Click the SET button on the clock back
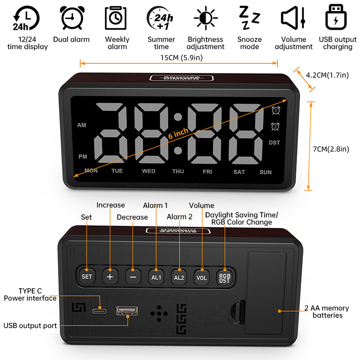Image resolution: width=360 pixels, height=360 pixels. [x=86, y=276]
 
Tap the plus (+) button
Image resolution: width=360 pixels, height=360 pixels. [x=110, y=276]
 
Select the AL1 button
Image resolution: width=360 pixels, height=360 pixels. [x=156, y=277]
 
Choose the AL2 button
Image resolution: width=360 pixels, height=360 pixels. [x=179, y=277]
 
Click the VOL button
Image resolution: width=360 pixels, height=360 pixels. [x=202, y=277]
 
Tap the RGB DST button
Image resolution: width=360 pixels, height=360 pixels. [x=224, y=277]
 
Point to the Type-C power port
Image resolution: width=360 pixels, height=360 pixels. [x=99, y=310]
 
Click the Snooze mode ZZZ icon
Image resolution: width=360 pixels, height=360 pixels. [x=248, y=18]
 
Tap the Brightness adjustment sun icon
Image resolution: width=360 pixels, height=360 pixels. [x=206, y=18]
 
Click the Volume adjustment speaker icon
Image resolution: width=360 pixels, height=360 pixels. [x=293, y=18]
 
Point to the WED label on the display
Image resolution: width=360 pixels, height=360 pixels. [x=148, y=171]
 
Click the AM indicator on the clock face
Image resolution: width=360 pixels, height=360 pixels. [x=81, y=125]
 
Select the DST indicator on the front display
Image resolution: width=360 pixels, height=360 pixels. [x=274, y=143]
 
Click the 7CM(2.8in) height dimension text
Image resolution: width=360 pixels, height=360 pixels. [x=331, y=149]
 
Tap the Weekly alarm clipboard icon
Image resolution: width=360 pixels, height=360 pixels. [x=116, y=18]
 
